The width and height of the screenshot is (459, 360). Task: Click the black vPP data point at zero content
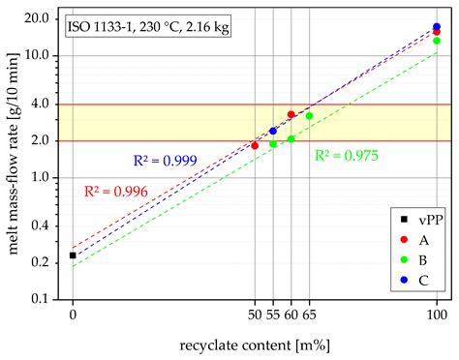coord(73,255)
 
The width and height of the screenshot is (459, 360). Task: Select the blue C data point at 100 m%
coord(437,27)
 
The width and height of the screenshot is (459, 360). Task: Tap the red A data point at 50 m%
coord(255,146)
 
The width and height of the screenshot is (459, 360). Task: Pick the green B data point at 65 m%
coord(309,116)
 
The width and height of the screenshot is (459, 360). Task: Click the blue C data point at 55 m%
coord(273,131)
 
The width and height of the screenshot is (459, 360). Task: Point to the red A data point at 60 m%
coord(291,114)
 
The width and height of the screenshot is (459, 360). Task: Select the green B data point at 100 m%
coord(437,41)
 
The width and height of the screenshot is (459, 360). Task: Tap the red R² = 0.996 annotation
coord(115,192)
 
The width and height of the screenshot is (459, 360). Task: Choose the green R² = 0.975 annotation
coord(347,154)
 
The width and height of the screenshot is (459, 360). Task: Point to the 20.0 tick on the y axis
coord(36,19)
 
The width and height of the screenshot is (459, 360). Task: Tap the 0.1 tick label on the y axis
coord(41,299)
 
